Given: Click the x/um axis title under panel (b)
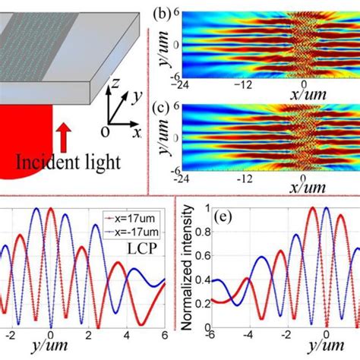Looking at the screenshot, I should pyautogui.click(x=308, y=91).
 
